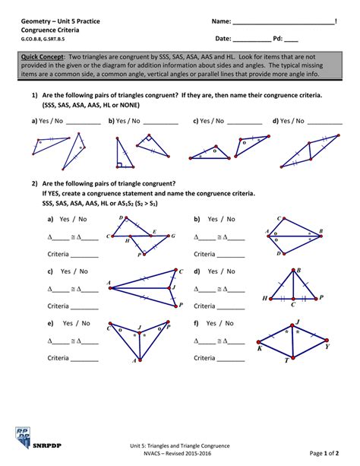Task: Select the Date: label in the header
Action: coord(223,37)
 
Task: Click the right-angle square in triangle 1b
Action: coord(120,163)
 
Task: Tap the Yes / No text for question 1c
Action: coord(208,120)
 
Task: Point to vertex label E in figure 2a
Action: coord(154,230)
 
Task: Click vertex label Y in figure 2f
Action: coord(327,346)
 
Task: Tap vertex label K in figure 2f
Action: coord(260,348)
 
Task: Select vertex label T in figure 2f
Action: coord(286,360)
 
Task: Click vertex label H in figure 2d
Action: coord(264,299)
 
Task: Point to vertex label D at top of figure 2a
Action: coord(122,217)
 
